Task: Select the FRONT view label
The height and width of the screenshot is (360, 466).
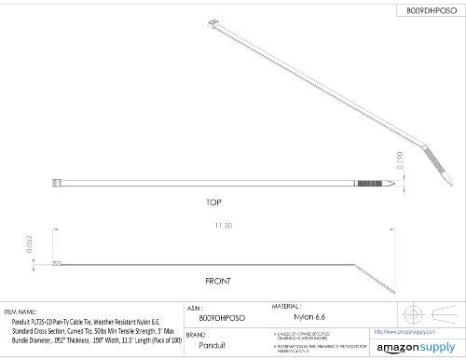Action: pos(218,281)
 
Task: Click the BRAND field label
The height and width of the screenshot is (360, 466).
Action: pos(196,334)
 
